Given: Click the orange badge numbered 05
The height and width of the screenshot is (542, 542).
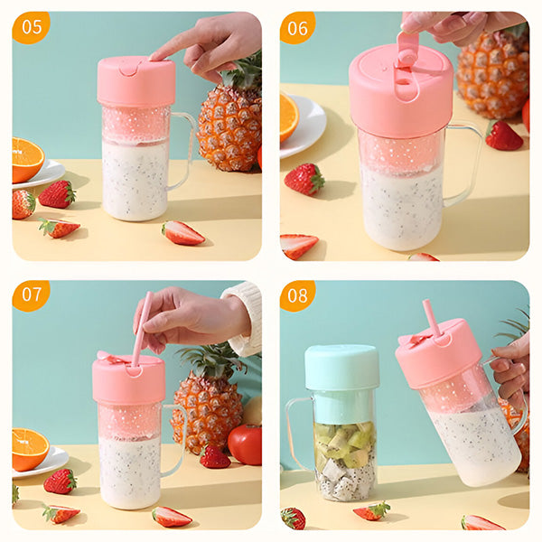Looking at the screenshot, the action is tap(31, 27).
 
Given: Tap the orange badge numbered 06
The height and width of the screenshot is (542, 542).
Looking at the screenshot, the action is tap(297, 28).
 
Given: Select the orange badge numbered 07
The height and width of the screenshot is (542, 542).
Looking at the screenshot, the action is tap(31, 294).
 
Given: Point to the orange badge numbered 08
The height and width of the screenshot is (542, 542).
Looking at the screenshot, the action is tap(297, 295).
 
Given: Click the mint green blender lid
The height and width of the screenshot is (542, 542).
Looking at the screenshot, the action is tap(341, 367).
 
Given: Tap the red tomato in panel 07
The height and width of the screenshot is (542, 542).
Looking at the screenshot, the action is tap(246, 444).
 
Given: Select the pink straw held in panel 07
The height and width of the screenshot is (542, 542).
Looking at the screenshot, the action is tap(142, 329).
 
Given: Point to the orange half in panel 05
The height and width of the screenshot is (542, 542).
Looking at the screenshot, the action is tap(27, 160).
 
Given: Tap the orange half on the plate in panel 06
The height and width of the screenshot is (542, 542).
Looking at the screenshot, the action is tap(289, 117).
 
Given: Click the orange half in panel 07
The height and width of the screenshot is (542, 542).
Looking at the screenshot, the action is tap(30, 449).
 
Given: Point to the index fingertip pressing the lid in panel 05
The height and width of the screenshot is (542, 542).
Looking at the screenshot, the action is tap(154, 56).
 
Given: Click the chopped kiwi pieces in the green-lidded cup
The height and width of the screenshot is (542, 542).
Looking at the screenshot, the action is tap(345, 444).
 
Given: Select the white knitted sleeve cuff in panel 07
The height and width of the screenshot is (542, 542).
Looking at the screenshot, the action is tap(245, 319).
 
